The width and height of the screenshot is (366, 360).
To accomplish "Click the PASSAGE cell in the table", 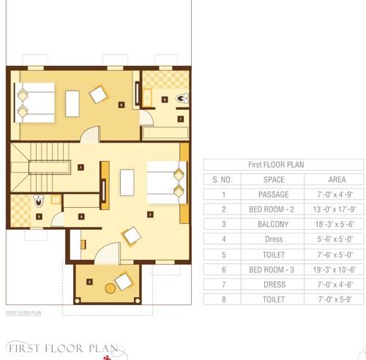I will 274,195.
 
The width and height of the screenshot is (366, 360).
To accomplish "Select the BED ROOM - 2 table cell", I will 274,209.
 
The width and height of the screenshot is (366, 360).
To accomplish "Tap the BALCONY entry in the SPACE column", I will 274,225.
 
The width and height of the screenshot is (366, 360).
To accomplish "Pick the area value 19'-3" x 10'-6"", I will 326,269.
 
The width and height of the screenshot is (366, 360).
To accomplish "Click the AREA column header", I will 326,179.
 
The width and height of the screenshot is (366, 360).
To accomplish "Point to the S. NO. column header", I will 222,179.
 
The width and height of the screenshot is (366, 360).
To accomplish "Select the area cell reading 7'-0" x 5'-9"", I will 326,299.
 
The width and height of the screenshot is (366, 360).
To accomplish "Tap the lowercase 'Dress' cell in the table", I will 274,239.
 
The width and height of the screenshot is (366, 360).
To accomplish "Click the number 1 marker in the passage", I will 80,167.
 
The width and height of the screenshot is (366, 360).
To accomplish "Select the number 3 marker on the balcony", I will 89,282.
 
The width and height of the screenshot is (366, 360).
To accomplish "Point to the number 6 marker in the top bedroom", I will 121,105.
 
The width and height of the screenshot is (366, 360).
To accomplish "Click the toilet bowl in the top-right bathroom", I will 181,99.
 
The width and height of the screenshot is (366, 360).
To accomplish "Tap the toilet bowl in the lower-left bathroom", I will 40,200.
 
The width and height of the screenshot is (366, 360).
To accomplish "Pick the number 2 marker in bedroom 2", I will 150,214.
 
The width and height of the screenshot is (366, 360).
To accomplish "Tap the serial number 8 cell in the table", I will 222,299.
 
